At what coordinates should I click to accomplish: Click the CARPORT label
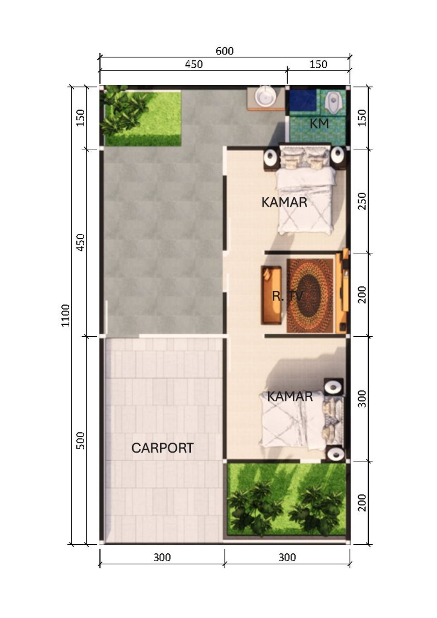tap(162, 448)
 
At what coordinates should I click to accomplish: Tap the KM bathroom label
tap(319, 124)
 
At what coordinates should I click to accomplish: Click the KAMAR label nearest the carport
tap(290, 396)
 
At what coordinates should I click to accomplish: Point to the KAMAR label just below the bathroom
tap(284, 202)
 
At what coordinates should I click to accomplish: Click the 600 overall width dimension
tap(224, 51)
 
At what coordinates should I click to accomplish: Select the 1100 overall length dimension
tap(65, 315)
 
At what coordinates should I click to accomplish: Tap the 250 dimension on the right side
tap(361, 201)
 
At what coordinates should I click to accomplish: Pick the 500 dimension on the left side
tap(80, 440)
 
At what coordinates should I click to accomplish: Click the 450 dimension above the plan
tap(194, 64)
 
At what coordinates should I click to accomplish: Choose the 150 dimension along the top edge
tap(318, 64)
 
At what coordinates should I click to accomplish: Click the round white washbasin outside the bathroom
tap(265, 96)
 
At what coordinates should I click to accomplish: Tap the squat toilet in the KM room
tap(332, 102)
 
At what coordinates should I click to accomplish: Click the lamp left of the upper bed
tap(271, 158)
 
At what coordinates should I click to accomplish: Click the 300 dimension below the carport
tap(162, 557)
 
